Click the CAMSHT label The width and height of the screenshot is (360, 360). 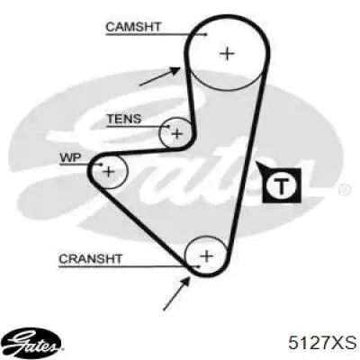click(x=133, y=27)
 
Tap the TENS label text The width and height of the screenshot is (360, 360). click(x=124, y=119)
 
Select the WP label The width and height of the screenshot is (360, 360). click(x=70, y=158)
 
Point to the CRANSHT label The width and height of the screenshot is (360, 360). click(x=90, y=258)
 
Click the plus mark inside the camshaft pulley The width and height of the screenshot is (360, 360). click(x=227, y=54)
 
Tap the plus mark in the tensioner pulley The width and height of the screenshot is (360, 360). click(x=177, y=133)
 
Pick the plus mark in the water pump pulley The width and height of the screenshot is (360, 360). click(x=109, y=172)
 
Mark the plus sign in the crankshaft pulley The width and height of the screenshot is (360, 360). click(x=206, y=256)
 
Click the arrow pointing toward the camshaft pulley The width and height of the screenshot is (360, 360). click(x=160, y=76)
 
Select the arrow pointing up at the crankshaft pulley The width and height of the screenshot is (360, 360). click(x=177, y=293)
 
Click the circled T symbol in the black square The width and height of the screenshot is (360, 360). click(x=281, y=185)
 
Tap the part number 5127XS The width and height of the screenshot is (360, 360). click(x=322, y=342)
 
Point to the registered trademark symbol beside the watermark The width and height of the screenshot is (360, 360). click(x=345, y=190)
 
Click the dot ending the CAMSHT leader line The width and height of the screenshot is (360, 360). click(x=206, y=35)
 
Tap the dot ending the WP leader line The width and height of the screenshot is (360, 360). click(x=101, y=165)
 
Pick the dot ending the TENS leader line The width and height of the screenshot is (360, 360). click(x=169, y=127)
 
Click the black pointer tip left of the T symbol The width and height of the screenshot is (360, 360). click(x=256, y=162)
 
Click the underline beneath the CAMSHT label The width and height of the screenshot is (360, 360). click(x=156, y=35)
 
